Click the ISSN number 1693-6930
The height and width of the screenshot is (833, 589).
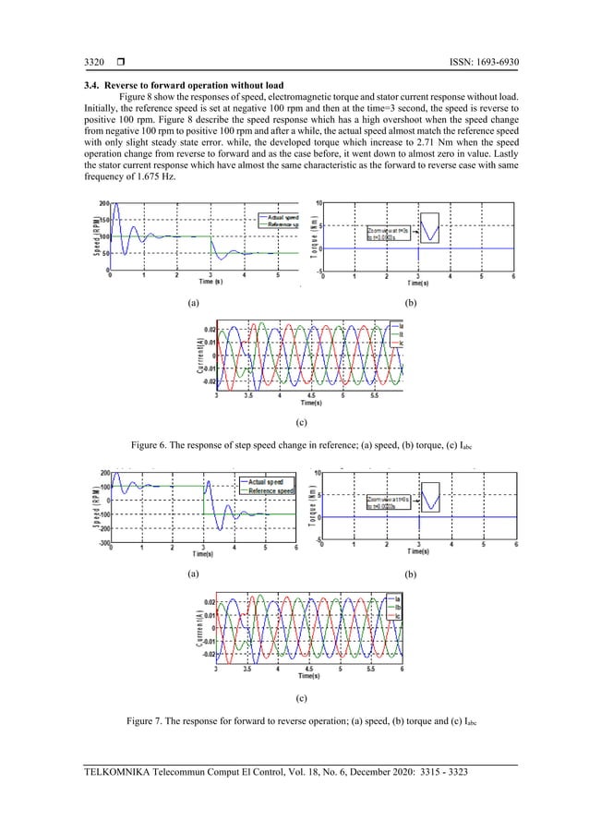coord(493,63)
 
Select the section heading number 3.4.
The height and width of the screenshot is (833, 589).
coord(91,86)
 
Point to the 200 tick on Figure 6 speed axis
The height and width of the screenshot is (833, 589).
coord(104,202)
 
